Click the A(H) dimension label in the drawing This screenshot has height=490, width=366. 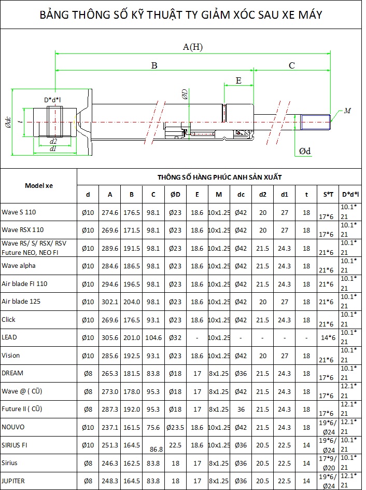tap(192, 47)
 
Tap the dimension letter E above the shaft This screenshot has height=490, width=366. tap(238, 80)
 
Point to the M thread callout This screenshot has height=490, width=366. tap(347, 111)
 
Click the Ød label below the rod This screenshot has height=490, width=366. tap(305, 151)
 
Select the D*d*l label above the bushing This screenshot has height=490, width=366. tap(52, 100)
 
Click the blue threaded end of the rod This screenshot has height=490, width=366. tap(316, 122)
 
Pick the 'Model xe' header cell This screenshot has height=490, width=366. tap(39, 186)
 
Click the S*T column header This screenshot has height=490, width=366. tap(328, 194)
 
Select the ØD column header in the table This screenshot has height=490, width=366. tap(175, 194)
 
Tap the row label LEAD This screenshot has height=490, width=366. tap(9, 337)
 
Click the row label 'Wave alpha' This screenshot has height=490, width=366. tap(19, 266)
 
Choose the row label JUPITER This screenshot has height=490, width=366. tap(13, 481)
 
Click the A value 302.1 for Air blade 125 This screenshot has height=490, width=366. tap(110, 302)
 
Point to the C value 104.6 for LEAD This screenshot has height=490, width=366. tap(153, 337)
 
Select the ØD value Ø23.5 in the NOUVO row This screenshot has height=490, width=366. tap(175, 427)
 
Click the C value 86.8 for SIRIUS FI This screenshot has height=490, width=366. tap(156, 449)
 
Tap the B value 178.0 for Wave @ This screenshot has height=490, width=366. tap(132, 391)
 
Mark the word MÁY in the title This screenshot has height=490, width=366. tap(310, 15)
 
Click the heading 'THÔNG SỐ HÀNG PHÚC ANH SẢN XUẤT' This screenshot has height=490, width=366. tap(220, 177)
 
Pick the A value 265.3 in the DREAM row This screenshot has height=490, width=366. tap(110, 373)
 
